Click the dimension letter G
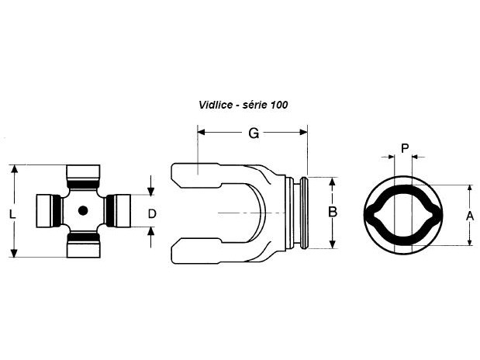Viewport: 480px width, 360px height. tap(254, 133)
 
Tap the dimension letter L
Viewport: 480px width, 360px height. tap(12, 214)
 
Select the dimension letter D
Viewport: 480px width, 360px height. tap(152, 213)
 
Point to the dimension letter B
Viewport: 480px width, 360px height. tap(333, 212)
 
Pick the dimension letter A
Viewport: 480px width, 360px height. tap(470, 216)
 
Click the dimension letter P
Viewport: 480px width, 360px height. tap(405, 149)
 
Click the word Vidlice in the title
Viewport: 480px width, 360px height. tap(216, 105)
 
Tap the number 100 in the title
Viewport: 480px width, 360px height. tap(279, 105)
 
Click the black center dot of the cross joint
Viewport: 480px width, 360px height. tap(83, 210)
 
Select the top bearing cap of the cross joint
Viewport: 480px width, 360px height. tap(83, 176)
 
